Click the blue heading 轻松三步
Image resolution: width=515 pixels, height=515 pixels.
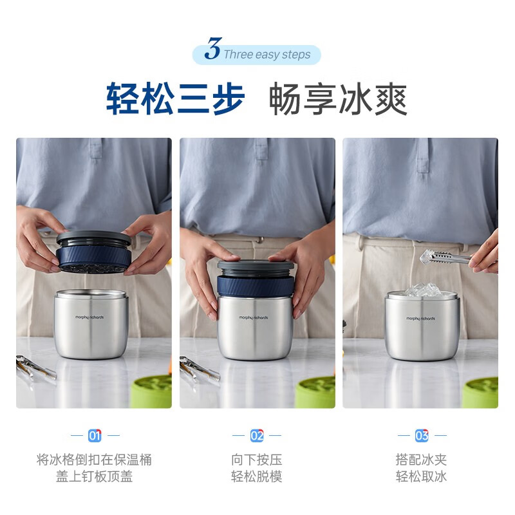point(175,98)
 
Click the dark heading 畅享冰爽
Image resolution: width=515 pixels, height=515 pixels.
point(338,98)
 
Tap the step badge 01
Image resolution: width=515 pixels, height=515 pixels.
point(95,436)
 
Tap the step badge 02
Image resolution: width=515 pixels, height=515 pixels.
point(257,436)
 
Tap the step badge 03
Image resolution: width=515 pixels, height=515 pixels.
point(422,436)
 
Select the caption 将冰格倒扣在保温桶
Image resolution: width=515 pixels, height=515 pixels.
point(94,460)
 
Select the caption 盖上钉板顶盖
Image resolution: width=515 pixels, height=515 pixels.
point(94,477)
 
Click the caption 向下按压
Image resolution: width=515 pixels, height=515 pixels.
point(257,460)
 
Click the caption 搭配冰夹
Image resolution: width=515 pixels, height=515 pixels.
point(421,460)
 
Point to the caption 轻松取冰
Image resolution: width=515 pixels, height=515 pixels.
point(421,477)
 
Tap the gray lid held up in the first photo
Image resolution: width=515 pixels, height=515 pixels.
point(94,238)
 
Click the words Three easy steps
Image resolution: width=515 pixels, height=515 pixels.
point(267,55)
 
